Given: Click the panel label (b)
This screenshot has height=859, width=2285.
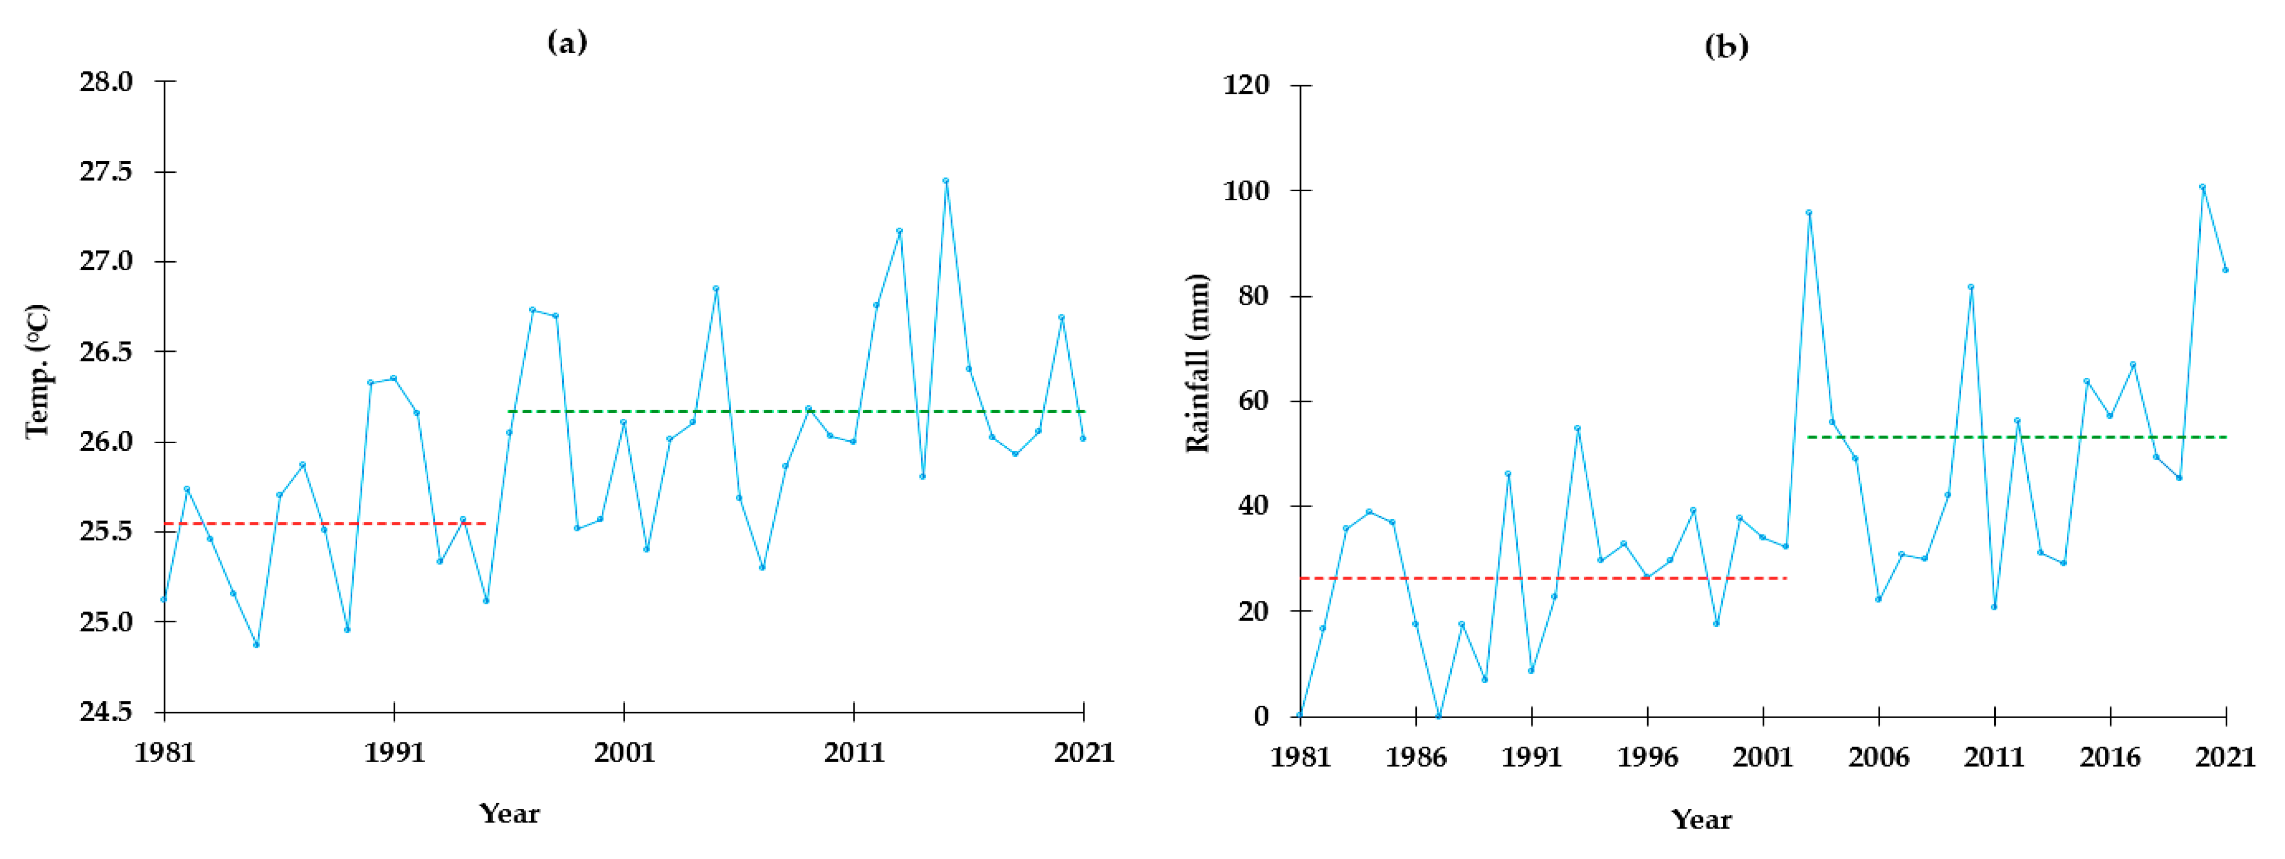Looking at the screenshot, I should click(1726, 45).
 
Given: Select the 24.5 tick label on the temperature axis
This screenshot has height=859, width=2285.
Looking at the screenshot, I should click(106, 712).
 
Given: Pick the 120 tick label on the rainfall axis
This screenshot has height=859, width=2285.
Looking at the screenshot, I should click(1246, 85).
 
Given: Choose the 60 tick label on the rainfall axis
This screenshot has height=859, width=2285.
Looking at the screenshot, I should click(1253, 401).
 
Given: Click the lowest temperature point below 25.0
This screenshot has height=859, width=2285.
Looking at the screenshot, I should click(256, 645).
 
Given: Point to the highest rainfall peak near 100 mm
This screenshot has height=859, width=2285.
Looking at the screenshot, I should click(2202, 187).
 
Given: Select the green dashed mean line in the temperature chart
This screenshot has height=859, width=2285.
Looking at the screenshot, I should click(798, 411).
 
